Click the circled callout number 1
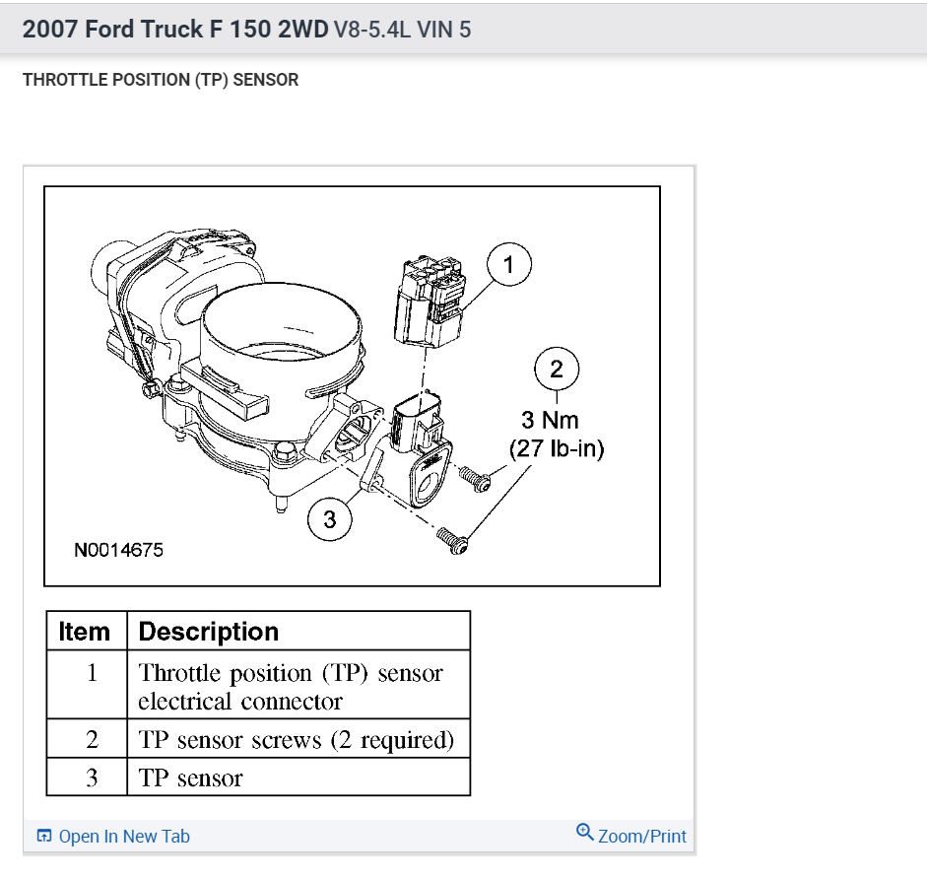pyautogui.click(x=508, y=264)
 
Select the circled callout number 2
pyautogui.click(x=557, y=370)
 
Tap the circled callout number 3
pyautogui.click(x=330, y=519)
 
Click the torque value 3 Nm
pyautogui.click(x=550, y=421)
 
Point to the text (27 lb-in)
pyautogui.click(x=557, y=448)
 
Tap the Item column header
pyautogui.click(x=86, y=631)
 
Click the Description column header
pyautogui.click(x=209, y=631)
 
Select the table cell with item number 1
pyautogui.click(x=92, y=674)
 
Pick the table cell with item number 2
pyautogui.click(x=92, y=740)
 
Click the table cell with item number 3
pyautogui.click(x=92, y=778)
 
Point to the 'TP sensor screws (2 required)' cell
pyautogui.click(x=297, y=740)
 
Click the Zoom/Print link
pyautogui.click(x=641, y=836)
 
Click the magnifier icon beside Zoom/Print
pyautogui.click(x=585, y=834)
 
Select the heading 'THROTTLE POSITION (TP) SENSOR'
pyautogui.click(x=161, y=80)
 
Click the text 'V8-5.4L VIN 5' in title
pyautogui.click(x=402, y=30)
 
